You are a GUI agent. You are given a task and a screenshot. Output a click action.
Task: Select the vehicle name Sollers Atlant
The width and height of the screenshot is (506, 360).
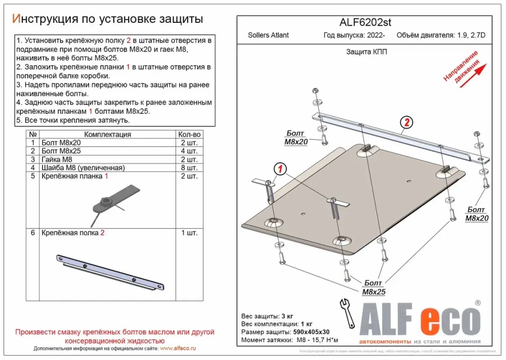click(268, 35)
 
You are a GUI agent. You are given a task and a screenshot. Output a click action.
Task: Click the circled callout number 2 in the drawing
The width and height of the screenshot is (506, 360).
click(406, 122)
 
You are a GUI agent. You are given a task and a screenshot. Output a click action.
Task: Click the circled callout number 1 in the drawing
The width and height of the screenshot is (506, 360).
click(281, 168)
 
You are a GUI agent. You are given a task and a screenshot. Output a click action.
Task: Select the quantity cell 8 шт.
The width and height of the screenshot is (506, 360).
click(189, 168)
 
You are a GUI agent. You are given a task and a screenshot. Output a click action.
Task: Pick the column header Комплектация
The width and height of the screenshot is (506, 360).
click(107, 134)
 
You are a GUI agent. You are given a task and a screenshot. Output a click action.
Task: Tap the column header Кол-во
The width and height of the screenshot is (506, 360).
click(189, 134)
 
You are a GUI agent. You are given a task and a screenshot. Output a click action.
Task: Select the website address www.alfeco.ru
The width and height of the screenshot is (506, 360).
click(178, 348)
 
